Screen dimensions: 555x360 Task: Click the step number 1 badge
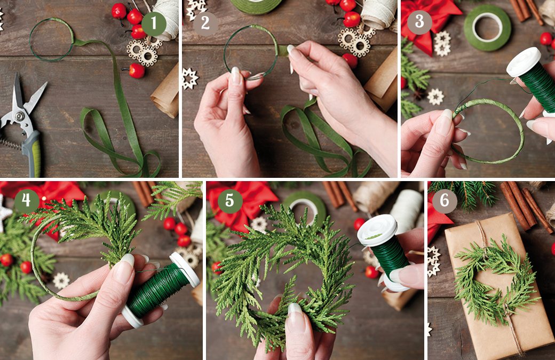tap(154, 24)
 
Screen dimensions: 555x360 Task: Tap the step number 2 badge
tap(205, 24)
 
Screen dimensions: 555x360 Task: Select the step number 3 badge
tap(419, 21)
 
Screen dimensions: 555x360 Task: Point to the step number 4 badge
tap(27, 200)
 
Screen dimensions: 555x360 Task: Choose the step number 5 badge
tap(229, 200)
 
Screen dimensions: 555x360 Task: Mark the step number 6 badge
tap(445, 200)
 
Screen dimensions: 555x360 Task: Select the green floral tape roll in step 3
tap(487, 28)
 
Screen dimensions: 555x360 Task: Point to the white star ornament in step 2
tap(189, 79)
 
